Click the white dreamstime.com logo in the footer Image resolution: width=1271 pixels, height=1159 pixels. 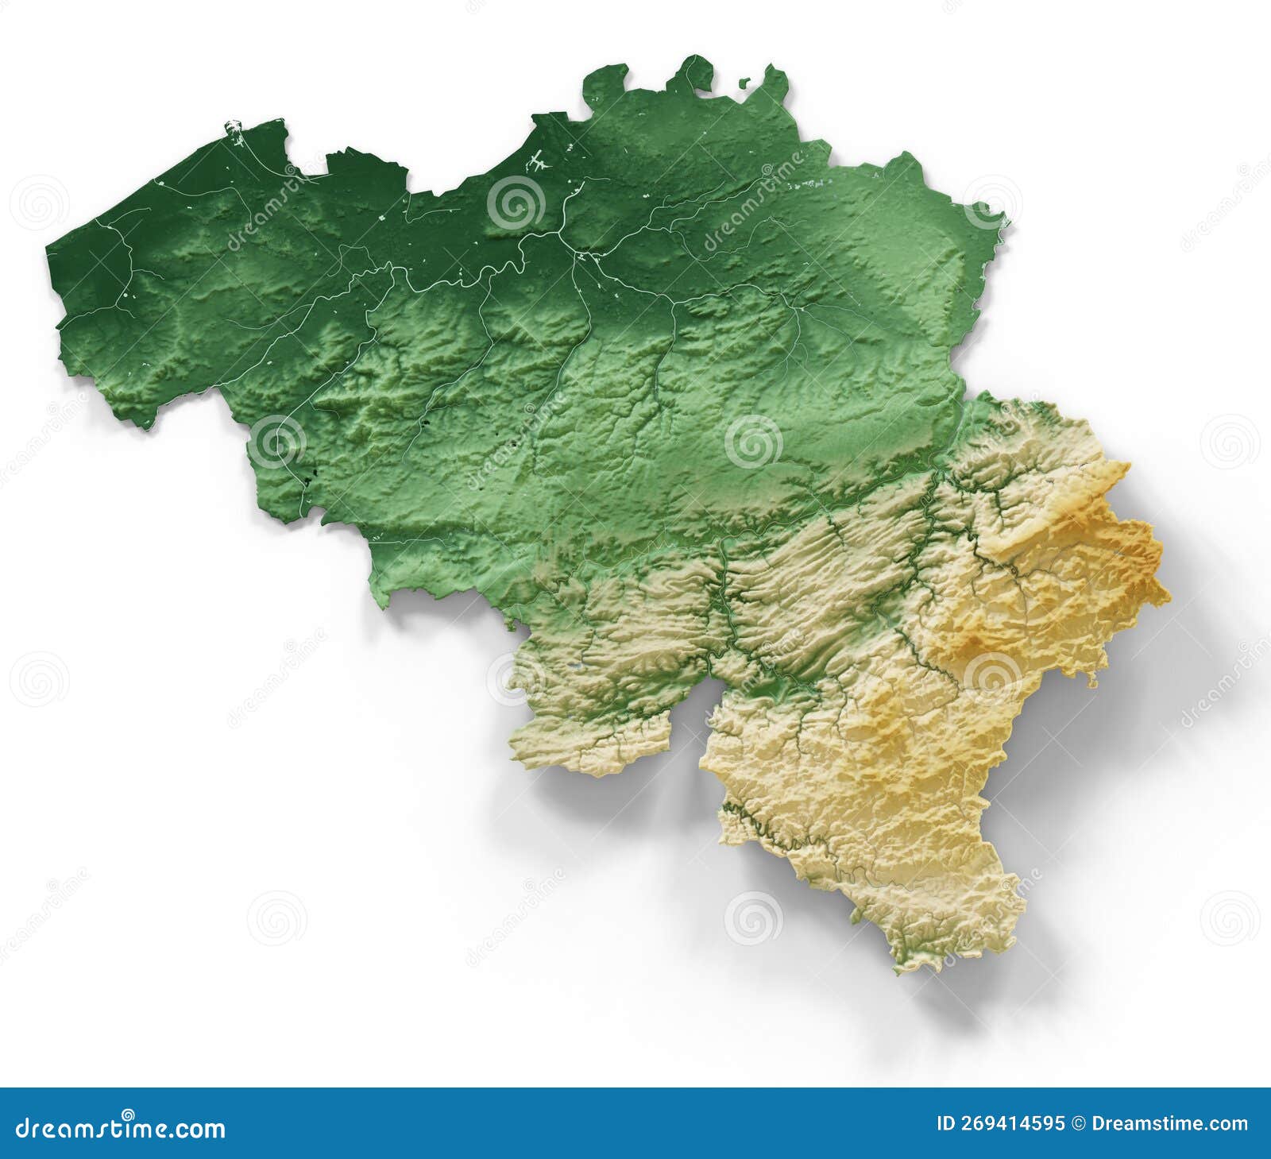pos(121,1128)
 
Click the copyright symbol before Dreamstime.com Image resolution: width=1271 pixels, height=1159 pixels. pos(1079,1124)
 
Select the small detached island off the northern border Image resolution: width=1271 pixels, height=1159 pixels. pos(744,82)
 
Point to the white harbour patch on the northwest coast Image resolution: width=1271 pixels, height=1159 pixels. pos(234,127)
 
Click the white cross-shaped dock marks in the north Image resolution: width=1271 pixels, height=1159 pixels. pos(540,160)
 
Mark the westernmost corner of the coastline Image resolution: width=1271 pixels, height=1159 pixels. pos(48,248)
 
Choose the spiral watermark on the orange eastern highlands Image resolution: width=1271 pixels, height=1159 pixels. pos(991,680)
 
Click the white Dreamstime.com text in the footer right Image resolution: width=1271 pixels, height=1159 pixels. pos(1169,1124)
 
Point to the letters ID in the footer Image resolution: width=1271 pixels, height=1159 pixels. pos(946,1124)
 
